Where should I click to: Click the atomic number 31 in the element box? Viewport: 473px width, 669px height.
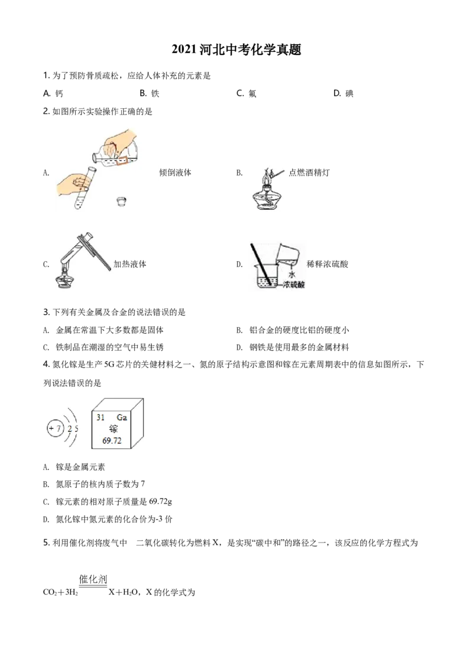click(101, 417)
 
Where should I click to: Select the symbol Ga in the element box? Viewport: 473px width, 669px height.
click(122, 417)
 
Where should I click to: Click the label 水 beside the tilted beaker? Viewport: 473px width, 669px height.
click(291, 274)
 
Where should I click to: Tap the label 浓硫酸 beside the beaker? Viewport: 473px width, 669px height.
click(294, 284)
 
